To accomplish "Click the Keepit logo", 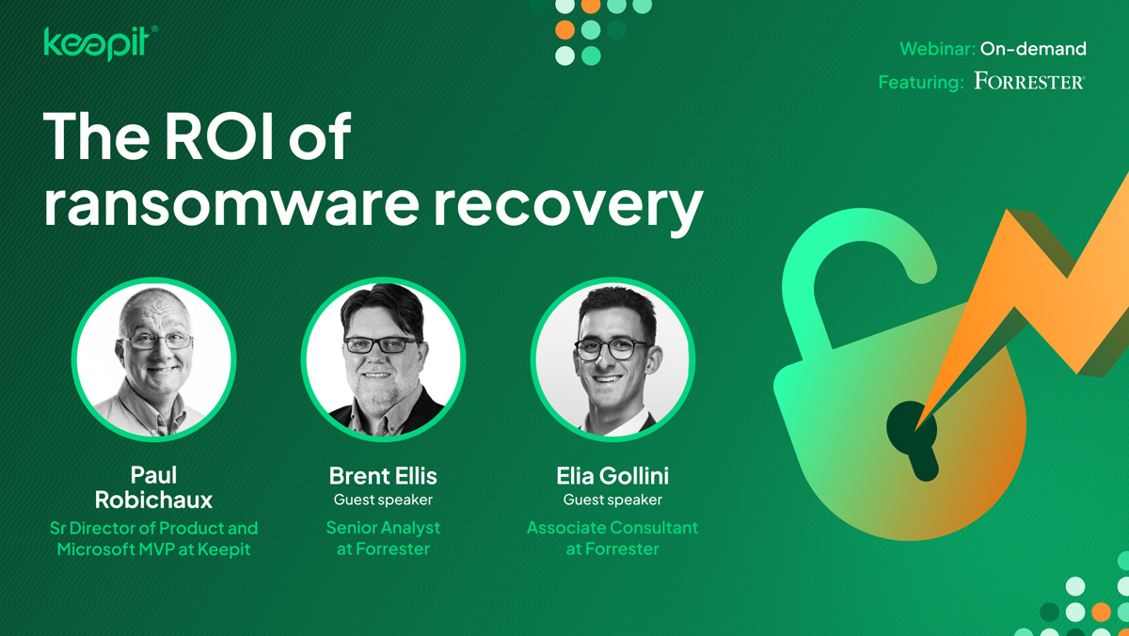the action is click(101, 43).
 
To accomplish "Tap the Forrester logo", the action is click(1029, 81).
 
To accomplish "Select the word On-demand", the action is click(1033, 49).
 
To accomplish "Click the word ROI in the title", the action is click(219, 136).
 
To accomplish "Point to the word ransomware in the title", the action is click(231, 204).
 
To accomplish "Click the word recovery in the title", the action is click(568, 209).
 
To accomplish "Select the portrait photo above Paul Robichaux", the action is click(153, 359).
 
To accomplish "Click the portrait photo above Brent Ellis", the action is click(383, 359).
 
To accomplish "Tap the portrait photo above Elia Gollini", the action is click(612, 359).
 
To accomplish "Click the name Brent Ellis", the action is click(383, 476).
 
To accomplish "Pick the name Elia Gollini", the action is click(612, 476).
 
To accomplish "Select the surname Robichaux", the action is click(153, 500).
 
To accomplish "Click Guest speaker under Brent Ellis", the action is click(383, 500).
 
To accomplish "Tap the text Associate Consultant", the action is click(612, 528).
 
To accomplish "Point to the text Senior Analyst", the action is click(383, 528).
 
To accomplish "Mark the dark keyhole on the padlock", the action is click(914, 439).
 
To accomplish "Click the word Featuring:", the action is click(921, 82).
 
